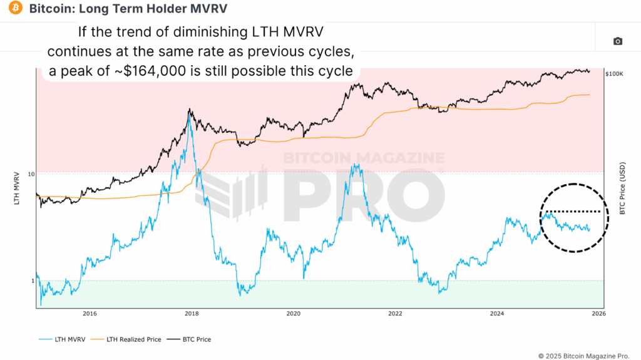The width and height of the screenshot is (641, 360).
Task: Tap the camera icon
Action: (x=618, y=41)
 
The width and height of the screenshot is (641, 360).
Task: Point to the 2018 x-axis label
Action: (x=192, y=313)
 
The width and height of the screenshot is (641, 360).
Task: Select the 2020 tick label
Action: (x=294, y=313)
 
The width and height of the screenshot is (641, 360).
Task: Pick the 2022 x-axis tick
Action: (x=395, y=313)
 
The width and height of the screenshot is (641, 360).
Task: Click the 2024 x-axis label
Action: (x=497, y=313)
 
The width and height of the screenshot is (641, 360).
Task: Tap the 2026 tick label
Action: (x=598, y=313)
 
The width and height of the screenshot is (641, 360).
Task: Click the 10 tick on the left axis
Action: (x=30, y=173)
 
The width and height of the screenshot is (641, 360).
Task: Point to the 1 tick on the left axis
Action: (x=32, y=281)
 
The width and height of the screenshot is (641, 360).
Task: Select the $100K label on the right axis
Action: (x=614, y=74)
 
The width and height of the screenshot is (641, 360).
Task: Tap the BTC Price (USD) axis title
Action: (x=622, y=188)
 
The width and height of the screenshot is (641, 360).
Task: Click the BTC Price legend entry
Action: (x=195, y=339)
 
